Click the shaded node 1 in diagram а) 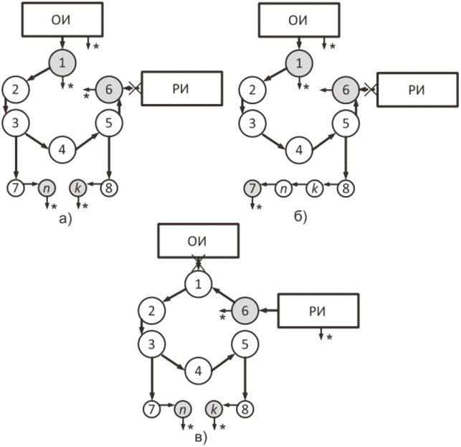click(x=62, y=63)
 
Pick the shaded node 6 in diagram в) click(x=245, y=311)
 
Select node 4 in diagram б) click(x=299, y=150)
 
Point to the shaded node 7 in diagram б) click(x=252, y=188)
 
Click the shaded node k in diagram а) click(x=78, y=188)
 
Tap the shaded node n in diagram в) click(x=183, y=409)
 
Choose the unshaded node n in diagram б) click(x=284, y=188)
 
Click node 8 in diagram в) click(x=245, y=409)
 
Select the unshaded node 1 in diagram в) click(x=199, y=284)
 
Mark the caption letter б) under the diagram click(x=300, y=217)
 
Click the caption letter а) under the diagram click(x=65, y=218)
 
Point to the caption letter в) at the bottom click(x=201, y=438)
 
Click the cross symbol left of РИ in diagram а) click(x=135, y=88)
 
